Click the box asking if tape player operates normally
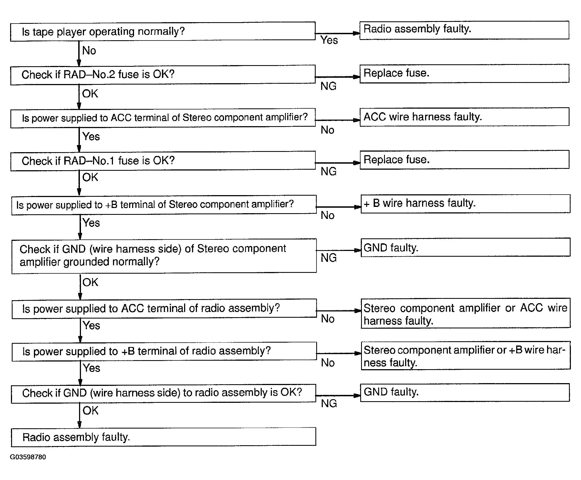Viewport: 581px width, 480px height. pyautogui.click(x=162, y=31)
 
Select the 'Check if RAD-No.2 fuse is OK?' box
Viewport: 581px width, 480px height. pyautogui.click(x=162, y=75)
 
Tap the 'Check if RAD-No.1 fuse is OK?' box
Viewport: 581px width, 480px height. pyautogui.click(x=162, y=161)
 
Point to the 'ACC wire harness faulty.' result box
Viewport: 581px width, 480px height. pyautogui.click(x=464, y=117)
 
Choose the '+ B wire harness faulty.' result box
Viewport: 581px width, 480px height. pyautogui.click(x=465, y=204)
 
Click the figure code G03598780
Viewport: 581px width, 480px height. pyautogui.click(x=28, y=457)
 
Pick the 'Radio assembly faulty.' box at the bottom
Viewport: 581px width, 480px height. pyautogui.click(x=163, y=437)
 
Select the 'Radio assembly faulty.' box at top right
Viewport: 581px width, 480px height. pyautogui.click(x=464, y=30)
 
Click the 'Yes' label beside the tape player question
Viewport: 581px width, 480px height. pyautogui.click(x=329, y=41)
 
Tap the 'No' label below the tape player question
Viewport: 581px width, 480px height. pyautogui.click(x=89, y=51)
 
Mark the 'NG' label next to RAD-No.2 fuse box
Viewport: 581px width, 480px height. pyautogui.click(x=328, y=86)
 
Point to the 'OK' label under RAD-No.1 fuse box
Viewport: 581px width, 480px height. pyautogui.click(x=90, y=177)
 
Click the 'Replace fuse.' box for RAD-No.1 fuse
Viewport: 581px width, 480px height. pyautogui.click(x=464, y=160)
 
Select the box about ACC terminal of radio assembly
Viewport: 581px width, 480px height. pyautogui.click(x=164, y=308)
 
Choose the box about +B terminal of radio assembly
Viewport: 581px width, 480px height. pyautogui.click(x=164, y=351)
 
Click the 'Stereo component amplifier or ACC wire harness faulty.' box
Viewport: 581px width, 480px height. pyautogui.click(x=466, y=313)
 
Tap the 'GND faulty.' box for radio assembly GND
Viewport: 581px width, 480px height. pyautogui.click(x=465, y=392)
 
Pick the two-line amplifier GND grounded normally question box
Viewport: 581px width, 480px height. pyautogui.click(x=164, y=256)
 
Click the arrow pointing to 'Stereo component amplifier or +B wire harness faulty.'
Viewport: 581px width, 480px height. pyautogui.click(x=339, y=353)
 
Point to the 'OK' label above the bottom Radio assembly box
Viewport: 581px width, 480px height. pyautogui.click(x=90, y=410)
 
